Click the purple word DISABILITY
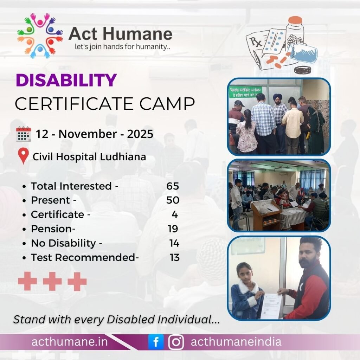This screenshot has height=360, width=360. [x=66, y=81]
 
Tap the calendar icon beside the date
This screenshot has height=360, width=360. [x=24, y=134]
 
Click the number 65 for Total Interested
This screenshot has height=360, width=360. [x=173, y=186]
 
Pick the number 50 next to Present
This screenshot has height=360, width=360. [x=173, y=200]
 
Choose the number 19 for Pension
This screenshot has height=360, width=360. [x=173, y=229]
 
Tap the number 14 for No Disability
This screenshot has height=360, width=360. [x=174, y=243]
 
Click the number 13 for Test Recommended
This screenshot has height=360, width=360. [x=174, y=258]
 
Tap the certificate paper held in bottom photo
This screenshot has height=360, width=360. [x=270, y=306]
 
